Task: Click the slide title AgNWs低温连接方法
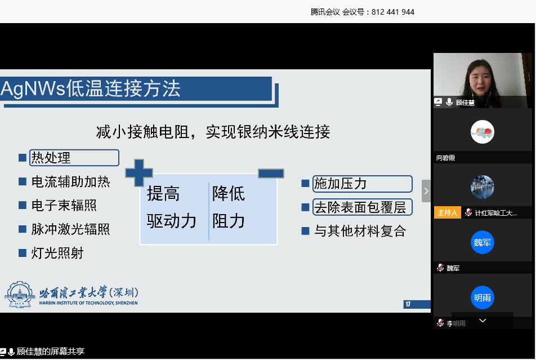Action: click(x=91, y=89)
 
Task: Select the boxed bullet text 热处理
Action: click(x=52, y=158)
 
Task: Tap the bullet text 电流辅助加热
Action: click(x=71, y=182)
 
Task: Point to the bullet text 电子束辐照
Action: click(x=64, y=206)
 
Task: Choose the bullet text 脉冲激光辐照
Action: click(x=71, y=229)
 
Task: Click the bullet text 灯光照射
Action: click(x=57, y=254)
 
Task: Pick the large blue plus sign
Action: click(x=139, y=172)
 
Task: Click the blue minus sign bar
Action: click(x=271, y=174)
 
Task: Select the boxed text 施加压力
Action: click(x=341, y=184)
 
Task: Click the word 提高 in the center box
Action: click(x=163, y=194)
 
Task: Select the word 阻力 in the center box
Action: click(x=229, y=220)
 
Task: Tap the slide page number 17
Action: click(x=408, y=305)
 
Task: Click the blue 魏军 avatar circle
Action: click(x=482, y=243)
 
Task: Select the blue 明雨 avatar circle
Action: click(x=482, y=297)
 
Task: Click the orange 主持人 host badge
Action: click(x=447, y=213)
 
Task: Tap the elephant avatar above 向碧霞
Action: click(x=483, y=132)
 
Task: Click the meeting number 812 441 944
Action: click(x=393, y=12)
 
